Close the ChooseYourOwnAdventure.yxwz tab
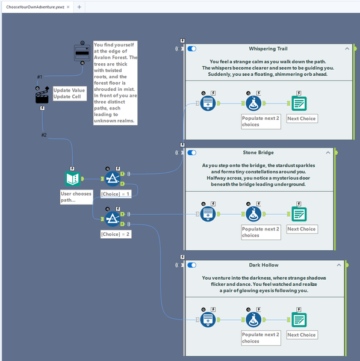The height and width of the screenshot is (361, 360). [x=68, y=7]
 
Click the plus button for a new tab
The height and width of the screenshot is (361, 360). [x=79, y=7]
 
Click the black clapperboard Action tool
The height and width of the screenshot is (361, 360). [x=42, y=96]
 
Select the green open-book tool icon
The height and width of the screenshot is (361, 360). [x=73, y=179]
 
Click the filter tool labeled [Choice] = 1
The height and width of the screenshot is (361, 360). [x=113, y=179]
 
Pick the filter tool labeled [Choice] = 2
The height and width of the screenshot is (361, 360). [x=113, y=219]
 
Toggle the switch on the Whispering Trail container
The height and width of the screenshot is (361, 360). [x=192, y=49]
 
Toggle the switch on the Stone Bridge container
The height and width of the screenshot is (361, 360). [x=192, y=153]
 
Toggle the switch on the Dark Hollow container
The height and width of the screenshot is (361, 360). [x=192, y=265]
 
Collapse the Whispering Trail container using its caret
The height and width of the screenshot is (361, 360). [x=347, y=49]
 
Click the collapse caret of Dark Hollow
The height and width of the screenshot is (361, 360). [x=339, y=265]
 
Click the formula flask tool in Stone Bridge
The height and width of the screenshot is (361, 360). [x=253, y=214]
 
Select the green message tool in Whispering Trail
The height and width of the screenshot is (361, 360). [x=299, y=103]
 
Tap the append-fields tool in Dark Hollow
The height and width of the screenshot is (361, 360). [x=208, y=319]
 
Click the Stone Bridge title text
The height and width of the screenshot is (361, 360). [x=258, y=152]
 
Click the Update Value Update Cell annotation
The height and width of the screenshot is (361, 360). [x=70, y=93]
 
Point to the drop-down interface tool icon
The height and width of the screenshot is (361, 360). [x=82, y=53]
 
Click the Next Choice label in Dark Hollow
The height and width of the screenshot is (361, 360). [x=302, y=335]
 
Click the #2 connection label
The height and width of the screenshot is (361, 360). [x=44, y=135]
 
